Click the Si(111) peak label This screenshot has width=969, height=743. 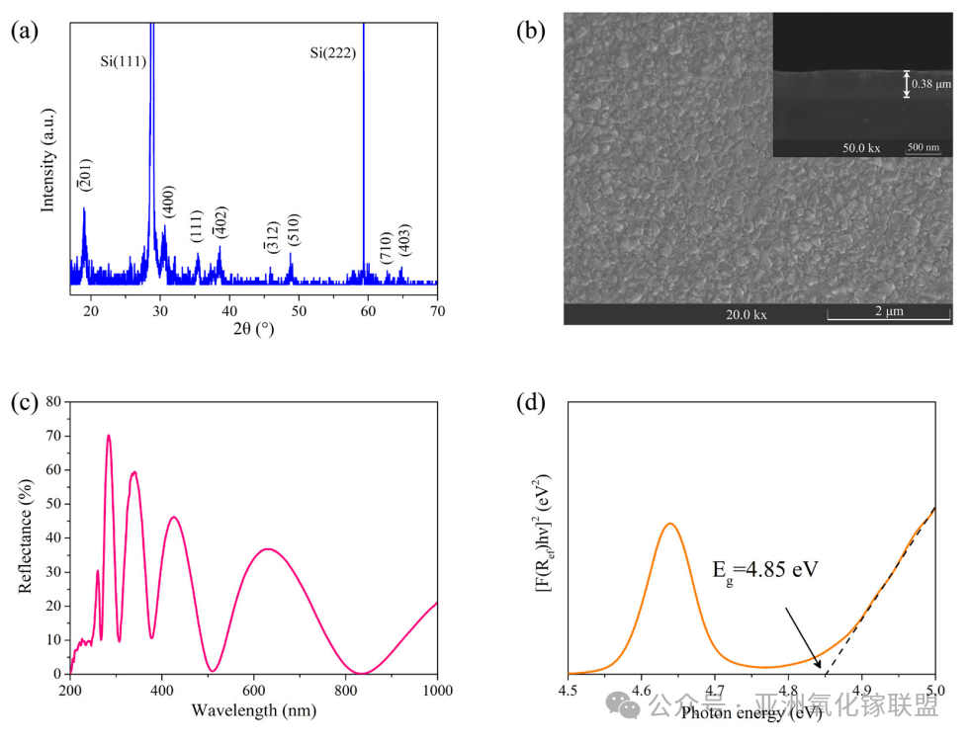point(124,61)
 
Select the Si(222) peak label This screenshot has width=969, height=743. point(332,53)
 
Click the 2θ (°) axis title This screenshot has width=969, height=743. point(253,329)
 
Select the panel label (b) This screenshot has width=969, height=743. point(531,31)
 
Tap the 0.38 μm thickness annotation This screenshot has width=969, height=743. point(930,84)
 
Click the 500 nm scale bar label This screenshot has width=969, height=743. point(923,148)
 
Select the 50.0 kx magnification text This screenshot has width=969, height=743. point(860,148)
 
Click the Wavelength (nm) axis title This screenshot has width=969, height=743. point(253,711)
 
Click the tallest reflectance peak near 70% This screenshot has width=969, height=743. point(109,436)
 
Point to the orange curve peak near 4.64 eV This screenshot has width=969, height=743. point(670,524)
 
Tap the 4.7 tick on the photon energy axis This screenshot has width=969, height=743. point(715,691)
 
